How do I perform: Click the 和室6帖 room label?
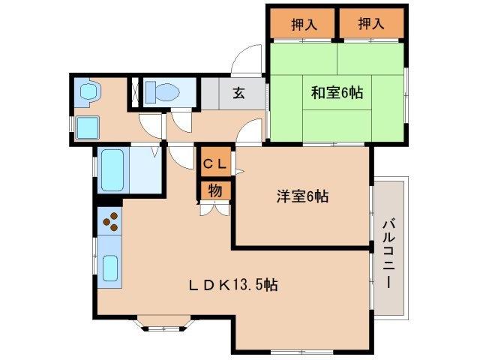[337, 93]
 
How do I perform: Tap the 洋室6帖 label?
[302, 196]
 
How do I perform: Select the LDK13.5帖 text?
[233, 285]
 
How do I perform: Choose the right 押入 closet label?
[370, 24]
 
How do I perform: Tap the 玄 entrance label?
[238, 94]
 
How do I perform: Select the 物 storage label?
[214, 190]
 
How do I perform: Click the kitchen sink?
[111, 267]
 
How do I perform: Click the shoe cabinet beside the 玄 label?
[211, 94]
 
